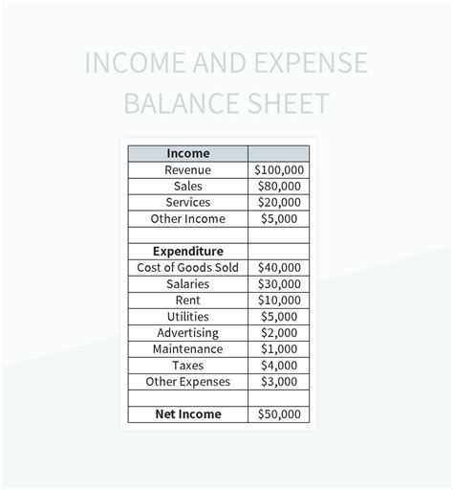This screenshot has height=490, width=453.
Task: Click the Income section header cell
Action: [x=187, y=153]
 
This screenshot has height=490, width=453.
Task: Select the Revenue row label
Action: [x=187, y=169]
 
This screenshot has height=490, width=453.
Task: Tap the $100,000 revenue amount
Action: [x=278, y=169]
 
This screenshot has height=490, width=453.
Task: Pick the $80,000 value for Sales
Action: [x=278, y=186]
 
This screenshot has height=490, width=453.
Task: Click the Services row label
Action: [x=187, y=202]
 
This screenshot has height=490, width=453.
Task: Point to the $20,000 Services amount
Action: [x=278, y=202]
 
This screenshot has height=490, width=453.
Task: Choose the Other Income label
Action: [x=187, y=218]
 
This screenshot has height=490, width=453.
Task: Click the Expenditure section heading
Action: [x=187, y=252]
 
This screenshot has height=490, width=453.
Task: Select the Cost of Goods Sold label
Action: [x=187, y=267]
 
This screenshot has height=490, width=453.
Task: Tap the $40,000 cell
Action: [x=278, y=267]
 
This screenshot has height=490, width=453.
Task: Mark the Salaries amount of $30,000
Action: [x=278, y=284]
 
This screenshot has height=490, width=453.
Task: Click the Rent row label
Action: [x=187, y=300]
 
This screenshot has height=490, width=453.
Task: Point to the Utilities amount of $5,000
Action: [x=278, y=316]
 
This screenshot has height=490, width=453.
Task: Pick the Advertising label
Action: [x=187, y=332]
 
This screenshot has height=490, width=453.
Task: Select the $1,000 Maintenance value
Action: [x=278, y=348]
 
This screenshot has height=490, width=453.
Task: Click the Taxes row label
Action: [x=187, y=365]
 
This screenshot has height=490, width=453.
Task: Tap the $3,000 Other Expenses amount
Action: [x=278, y=381]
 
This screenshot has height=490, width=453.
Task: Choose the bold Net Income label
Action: [x=187, y=414]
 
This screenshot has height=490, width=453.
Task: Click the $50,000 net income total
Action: [x=278, y=414]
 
